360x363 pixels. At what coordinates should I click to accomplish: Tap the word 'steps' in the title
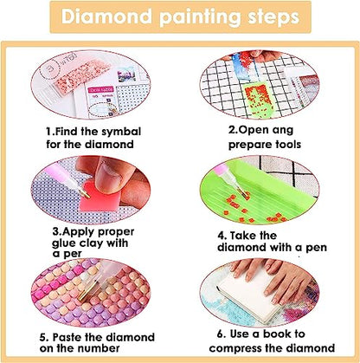tap(267, 18)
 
